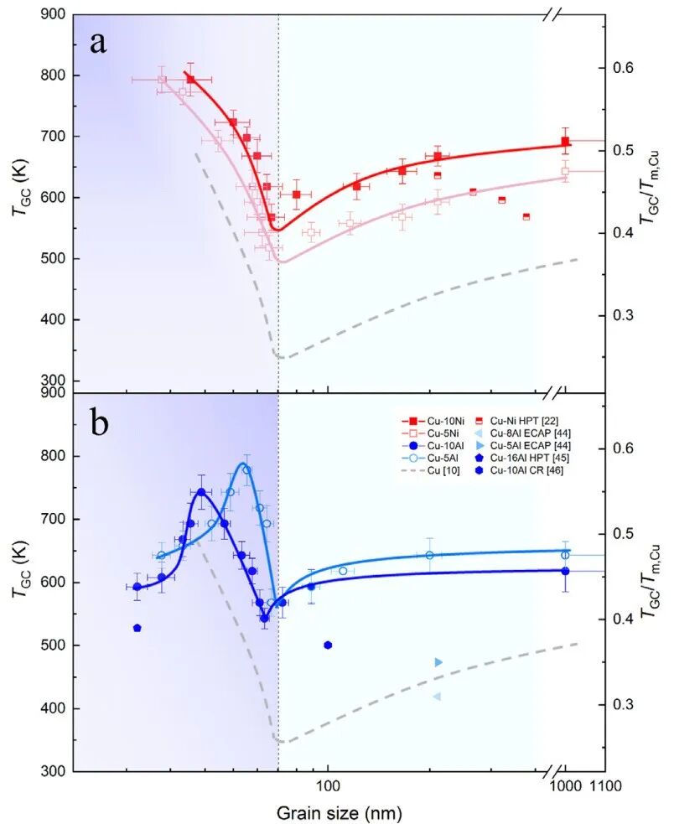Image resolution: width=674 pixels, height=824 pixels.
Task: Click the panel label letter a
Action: pyautogui.click(x=98, y=43)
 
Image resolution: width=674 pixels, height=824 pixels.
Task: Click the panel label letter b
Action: pyautogui.click(x=100, y=422)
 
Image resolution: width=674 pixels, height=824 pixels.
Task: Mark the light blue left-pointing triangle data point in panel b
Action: pyautogui.click(x=437, y=697)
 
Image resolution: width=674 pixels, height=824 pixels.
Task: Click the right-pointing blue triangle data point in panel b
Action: pyautogui.click(x=438, y=662)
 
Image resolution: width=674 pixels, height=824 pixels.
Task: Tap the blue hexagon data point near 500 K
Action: pyautogui.click(x=328, y=645)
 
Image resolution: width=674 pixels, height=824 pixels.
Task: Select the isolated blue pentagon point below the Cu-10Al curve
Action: pyautogui.click(x=137, y=628)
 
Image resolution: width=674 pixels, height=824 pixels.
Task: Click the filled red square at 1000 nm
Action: pyautogui.click(x=565, y=141)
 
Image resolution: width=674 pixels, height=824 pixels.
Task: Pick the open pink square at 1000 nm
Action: pyautogui.click(x=565, y=171)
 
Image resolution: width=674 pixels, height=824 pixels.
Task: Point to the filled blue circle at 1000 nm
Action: pyautogui.click(x=565, y=571)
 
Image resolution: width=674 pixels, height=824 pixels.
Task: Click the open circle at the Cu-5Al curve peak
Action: pyautogui.click(x=246, y=469)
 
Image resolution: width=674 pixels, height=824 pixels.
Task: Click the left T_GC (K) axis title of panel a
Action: pyautogui.click(x=18, y=197)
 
